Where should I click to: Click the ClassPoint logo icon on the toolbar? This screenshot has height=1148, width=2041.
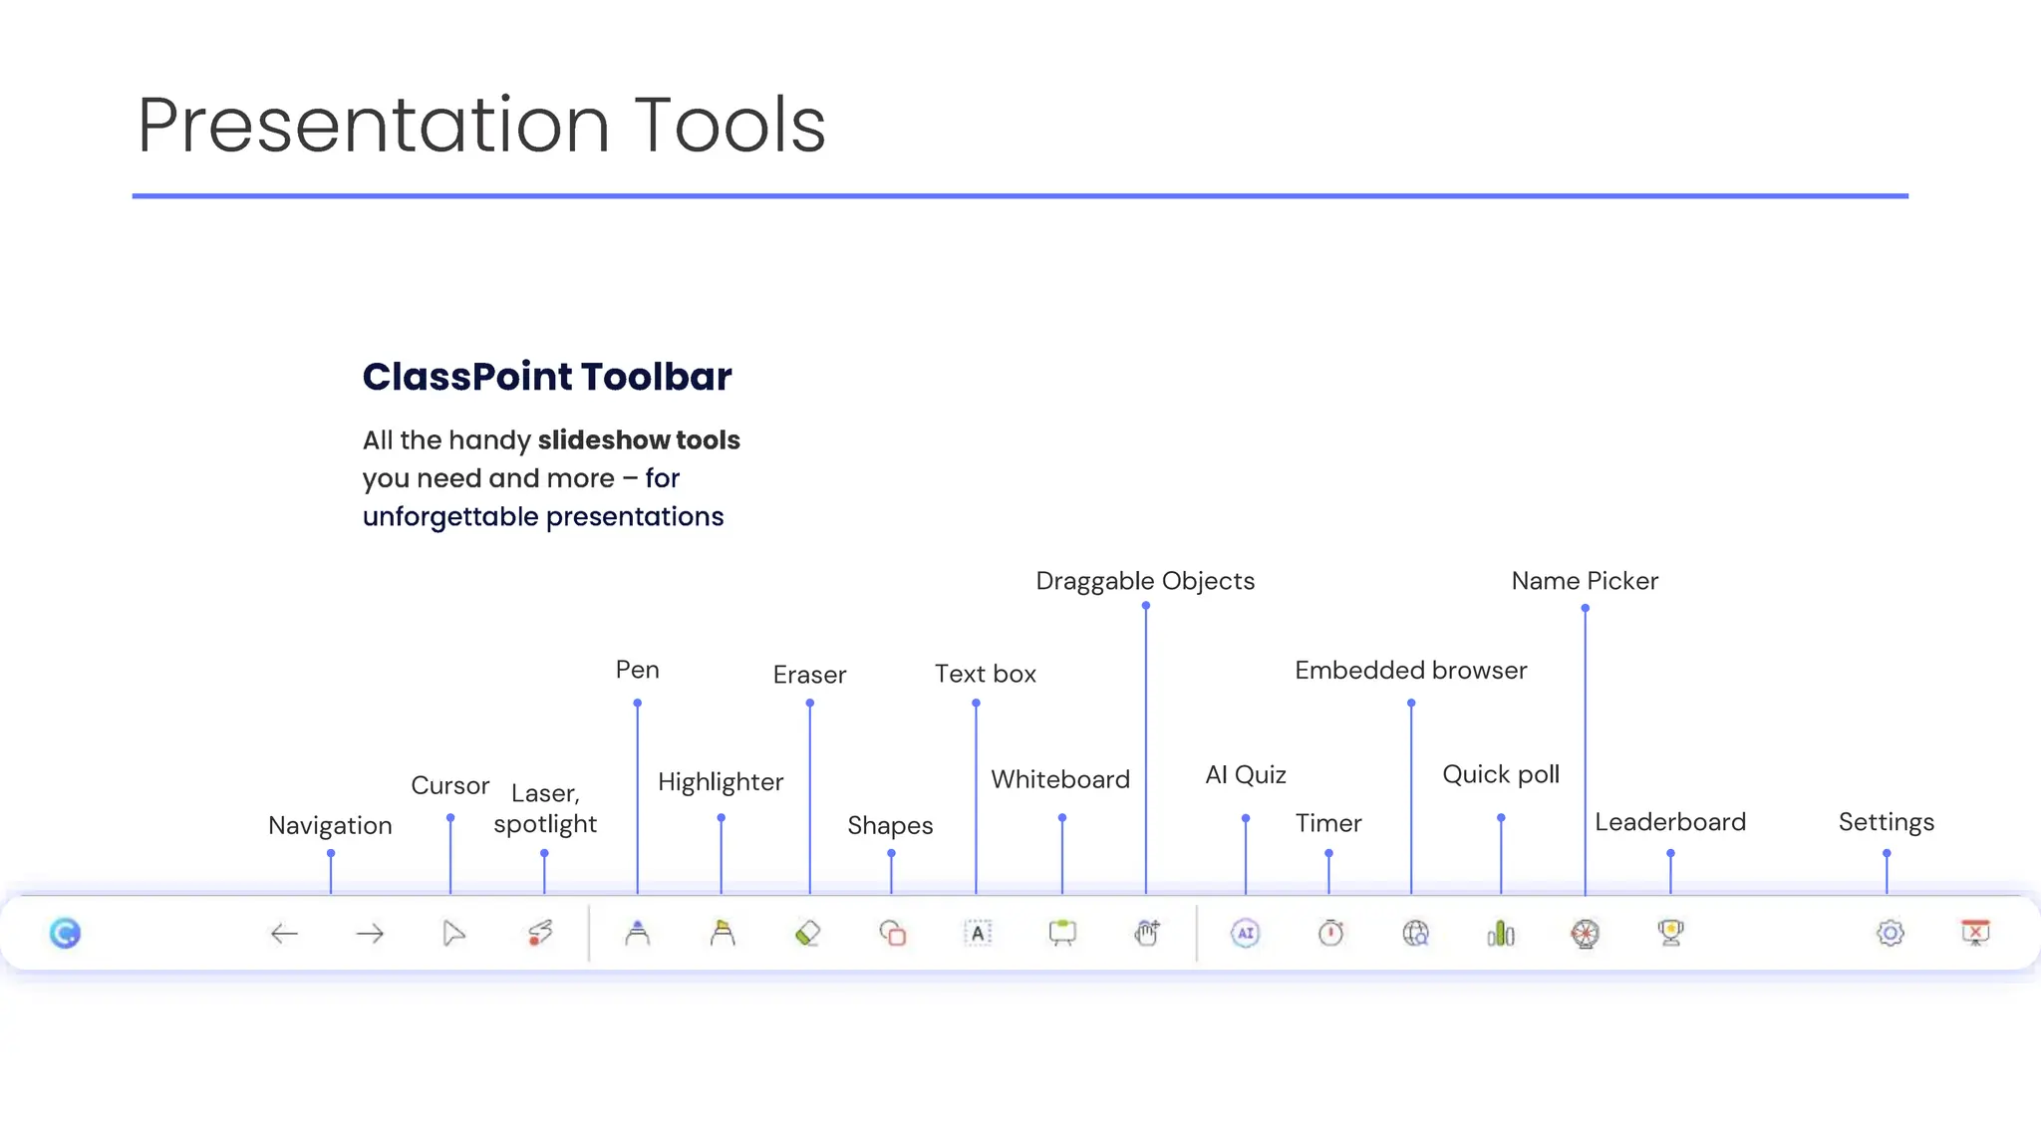(65, 933)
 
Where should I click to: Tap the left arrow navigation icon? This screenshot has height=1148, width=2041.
(285, 934)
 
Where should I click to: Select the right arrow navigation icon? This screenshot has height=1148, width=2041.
(370, 934)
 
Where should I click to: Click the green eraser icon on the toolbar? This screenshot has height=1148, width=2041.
(808, 933)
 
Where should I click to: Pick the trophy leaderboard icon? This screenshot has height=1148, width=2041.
(1671, 933)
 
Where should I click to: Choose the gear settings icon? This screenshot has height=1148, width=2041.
(1891, 933)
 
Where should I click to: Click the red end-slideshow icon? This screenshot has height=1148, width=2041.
(1975, 933)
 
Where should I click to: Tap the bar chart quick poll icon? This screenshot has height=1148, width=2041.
(1501, 933)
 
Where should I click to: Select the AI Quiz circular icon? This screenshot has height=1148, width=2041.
(1246, 933)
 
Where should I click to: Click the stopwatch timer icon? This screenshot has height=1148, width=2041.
(1330, 933)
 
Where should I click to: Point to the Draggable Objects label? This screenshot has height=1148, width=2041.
(1145, 581)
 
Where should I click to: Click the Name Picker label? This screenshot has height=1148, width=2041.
(1585, 581)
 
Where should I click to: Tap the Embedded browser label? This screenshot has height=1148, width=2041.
(1410, 671)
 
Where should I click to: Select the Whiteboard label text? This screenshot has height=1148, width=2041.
(1060, 779)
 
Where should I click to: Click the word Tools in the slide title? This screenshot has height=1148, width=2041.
(729, 126)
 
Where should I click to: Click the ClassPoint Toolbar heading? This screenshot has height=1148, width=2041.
(547, 377)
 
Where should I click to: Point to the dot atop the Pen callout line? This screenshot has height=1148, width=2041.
(638, 704)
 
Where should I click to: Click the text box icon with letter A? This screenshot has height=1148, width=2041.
(978, 933)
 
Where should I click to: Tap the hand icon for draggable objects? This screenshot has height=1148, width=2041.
(1147, 933)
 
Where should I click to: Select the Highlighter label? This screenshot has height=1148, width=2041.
(721, 782)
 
